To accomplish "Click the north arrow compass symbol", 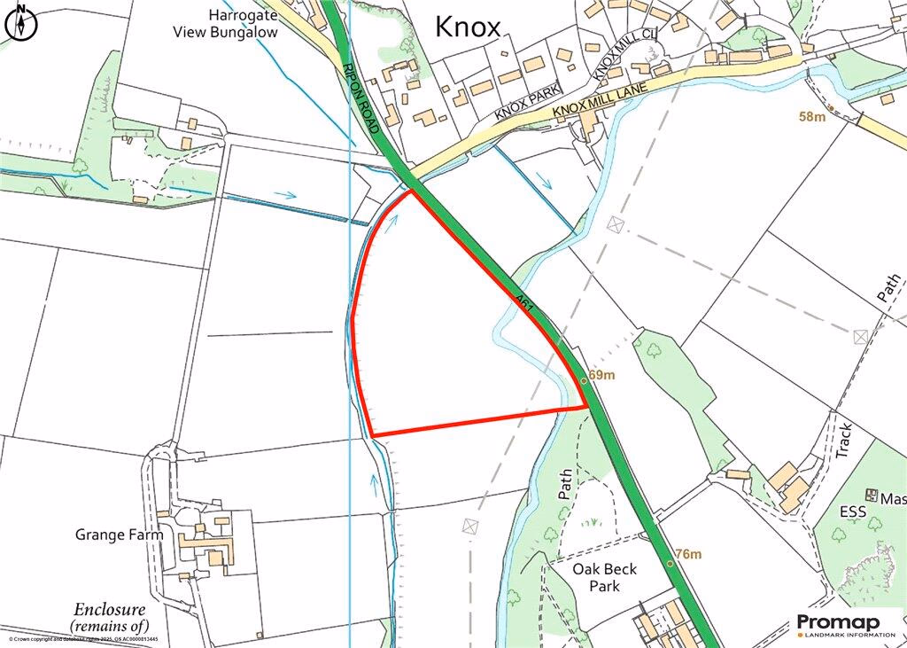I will coord(22,22).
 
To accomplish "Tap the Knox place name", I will coord(468,27).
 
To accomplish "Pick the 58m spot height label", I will coord(811,117).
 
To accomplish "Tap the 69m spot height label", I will coord(601,375).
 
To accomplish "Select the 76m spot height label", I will coord(687,554).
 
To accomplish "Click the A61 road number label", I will coord(525,302).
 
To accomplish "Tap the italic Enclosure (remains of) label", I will coord(110,618).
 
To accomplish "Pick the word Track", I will coord(844,441).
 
